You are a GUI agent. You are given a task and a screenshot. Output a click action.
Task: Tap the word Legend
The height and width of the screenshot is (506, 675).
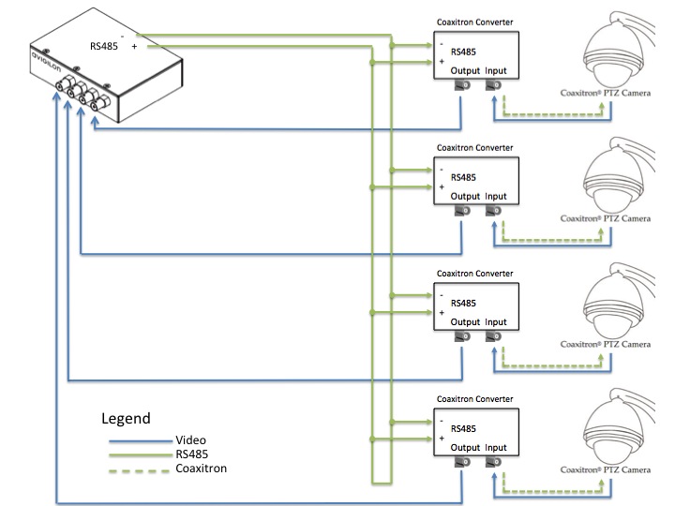click(126, 418)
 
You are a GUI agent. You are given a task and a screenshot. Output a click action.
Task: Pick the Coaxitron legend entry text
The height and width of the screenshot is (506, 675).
click(201, 468)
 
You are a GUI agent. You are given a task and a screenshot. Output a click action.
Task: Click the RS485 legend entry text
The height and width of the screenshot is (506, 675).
click(191, 454)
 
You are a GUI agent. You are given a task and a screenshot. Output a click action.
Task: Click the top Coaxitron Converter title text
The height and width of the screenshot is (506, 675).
click(474, 22)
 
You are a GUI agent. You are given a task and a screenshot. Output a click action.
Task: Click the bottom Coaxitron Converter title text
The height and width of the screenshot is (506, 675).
click(474, 399)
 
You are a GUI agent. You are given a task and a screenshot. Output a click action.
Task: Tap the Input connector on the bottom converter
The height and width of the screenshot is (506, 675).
click(492, 464)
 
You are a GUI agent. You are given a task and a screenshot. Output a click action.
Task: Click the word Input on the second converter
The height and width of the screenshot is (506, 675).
click(496, 197)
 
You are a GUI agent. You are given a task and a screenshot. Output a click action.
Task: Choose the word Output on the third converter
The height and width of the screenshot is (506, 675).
click(464, 322)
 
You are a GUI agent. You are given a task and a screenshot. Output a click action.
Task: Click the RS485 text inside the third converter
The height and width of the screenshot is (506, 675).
click(463, 303)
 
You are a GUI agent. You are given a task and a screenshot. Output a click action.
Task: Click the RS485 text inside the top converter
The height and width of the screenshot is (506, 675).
click(463, 52)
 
